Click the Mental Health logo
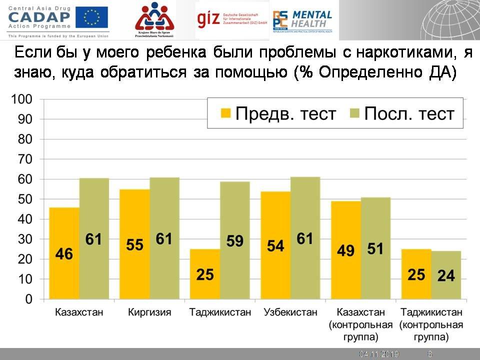(x=302, y=20)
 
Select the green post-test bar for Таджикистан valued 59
(x=235, y=240)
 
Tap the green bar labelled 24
(x=446, y=275)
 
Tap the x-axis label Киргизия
(x=149, y=312)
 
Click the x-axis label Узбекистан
(x=290, y=312)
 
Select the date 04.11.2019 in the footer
(x=378, y=354)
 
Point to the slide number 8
(x=430, y=354)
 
